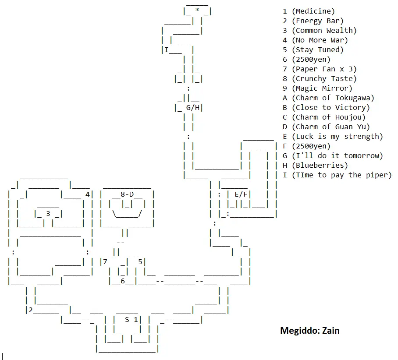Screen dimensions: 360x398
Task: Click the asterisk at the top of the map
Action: (197, 11)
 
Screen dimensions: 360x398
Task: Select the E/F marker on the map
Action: (241, 194)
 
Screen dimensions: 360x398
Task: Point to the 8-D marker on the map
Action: (127, 194)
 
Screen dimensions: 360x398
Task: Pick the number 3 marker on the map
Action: (48, 213)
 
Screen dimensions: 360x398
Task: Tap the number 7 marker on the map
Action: (105, 261)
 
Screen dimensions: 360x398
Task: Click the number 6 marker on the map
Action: (123, 281)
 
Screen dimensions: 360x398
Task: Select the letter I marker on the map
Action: (167, 49)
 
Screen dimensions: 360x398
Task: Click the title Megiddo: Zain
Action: (309, 330)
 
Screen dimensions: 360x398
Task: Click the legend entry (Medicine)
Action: (313, 11)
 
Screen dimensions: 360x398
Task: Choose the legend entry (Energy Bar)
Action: (317, 21)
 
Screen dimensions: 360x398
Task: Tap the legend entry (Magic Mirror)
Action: (322, 88)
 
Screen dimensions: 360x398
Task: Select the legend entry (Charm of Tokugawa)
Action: (333, 98)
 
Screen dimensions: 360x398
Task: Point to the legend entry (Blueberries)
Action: (320, 166)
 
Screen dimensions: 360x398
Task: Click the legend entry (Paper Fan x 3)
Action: (324, 69)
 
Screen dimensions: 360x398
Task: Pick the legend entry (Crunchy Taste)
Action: (324, 79)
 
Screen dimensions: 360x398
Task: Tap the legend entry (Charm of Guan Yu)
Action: (330, 127)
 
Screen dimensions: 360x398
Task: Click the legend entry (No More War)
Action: (320, 40)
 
